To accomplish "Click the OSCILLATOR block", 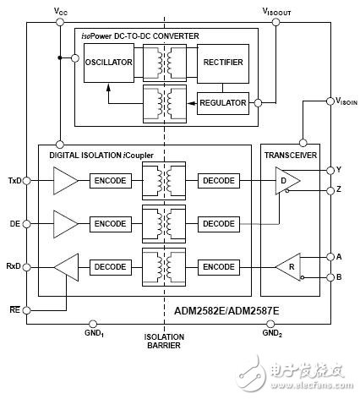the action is (109, 63).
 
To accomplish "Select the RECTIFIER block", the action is (223, 63).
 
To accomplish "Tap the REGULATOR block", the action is (223, 103).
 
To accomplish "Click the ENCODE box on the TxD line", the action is (111, 181).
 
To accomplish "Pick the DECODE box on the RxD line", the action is (111, 267).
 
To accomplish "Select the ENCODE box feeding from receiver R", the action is (219, 267).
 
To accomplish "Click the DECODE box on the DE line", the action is (219, 224).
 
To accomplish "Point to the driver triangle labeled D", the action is (287, 181).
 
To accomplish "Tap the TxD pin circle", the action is (26, 181).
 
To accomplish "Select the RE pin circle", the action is (26, 310).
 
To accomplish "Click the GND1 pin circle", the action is (93, 324).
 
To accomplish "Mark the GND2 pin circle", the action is (270, 324).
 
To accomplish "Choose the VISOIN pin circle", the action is (330, 101).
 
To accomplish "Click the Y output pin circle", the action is (330, 170).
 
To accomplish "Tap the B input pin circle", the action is (330, 277).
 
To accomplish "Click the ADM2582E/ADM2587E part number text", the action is (226, 311).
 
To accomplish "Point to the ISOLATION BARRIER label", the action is (164, 342).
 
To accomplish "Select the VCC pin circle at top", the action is (60, 22).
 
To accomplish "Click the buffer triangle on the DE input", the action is (65, 224).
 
